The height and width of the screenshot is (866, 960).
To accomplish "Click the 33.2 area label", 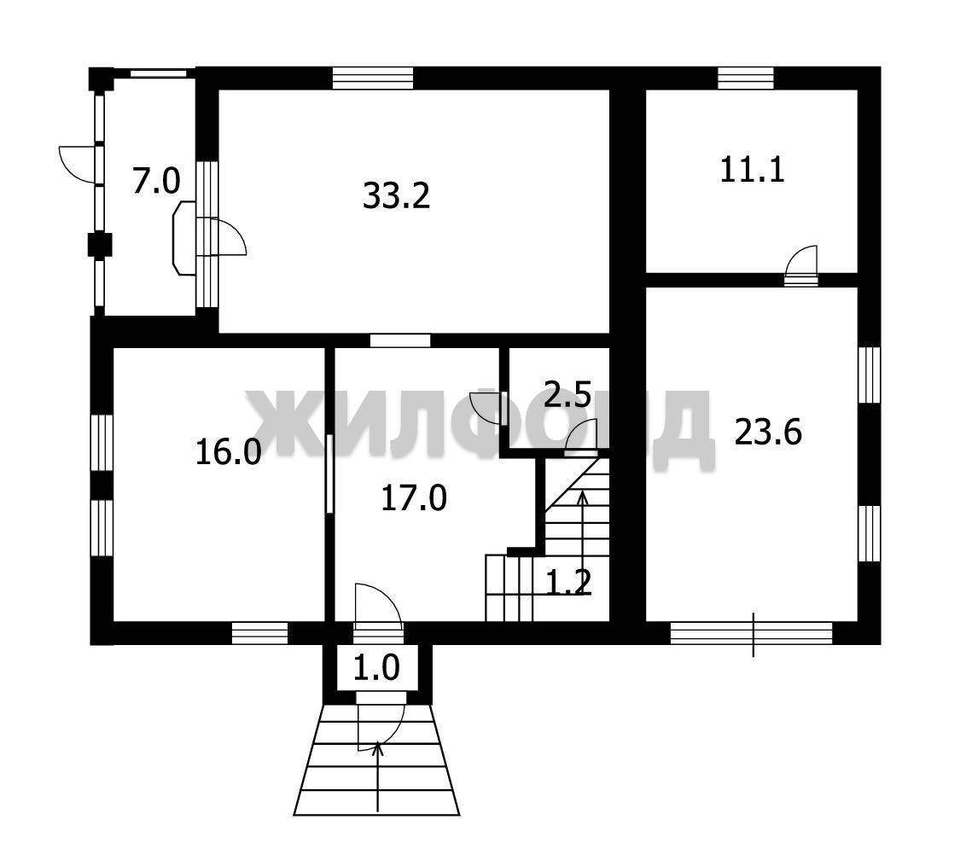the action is click(x=397, y=196).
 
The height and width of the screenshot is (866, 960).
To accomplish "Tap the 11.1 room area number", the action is click(x=752, y=170).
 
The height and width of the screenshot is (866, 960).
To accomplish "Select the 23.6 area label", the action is click(x=768, y=433).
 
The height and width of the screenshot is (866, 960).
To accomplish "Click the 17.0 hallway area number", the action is click(x=414, y=497).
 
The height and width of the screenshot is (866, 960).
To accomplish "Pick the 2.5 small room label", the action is click(x=567, y=396).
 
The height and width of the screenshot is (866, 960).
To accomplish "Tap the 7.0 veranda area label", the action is click(x=157, y=182).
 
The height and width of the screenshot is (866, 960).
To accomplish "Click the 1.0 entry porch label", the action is click(x=376, y=667).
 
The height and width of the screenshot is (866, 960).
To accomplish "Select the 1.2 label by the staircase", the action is click(x=568, y=581).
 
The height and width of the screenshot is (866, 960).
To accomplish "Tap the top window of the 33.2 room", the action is click(x=373, y=78).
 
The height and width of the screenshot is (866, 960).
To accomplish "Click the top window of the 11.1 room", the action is click(x=745, y=78).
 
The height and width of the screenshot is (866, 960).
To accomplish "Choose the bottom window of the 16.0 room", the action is click(x=259, y=633).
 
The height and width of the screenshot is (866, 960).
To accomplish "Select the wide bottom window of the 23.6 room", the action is click(x=751, y=633).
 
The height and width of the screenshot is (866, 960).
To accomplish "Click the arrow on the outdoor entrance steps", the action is click(x=378, y=776).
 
